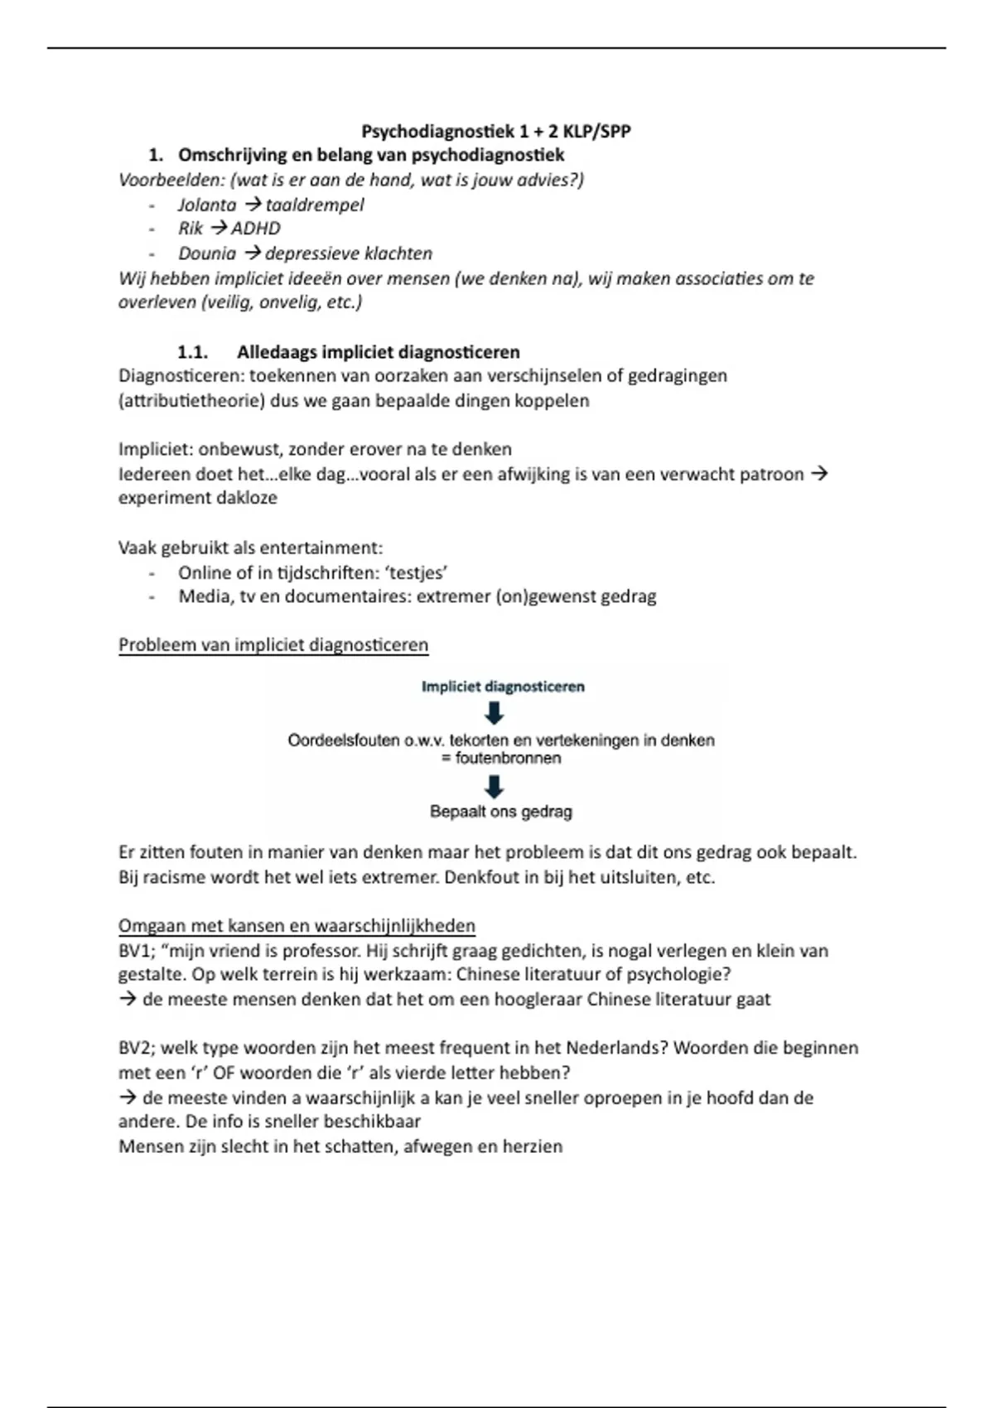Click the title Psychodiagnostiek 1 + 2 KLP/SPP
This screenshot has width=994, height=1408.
[x=496, y=131]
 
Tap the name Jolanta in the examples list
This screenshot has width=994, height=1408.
[x=207, y=205]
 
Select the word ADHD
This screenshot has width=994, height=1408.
[x=256, y=229]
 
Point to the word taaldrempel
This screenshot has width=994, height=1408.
[x=315, y=205]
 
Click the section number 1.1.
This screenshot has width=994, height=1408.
[x=192, y=352]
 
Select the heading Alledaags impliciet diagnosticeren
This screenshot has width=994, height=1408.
[x=379, y=352]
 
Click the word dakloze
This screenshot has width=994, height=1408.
[x=244, y=498]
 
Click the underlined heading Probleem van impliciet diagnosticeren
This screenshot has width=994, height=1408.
[x=273, y=645]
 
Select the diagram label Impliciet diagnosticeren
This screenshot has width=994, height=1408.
[x=503, y=687]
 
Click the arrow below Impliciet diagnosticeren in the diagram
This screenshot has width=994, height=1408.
[x=494, y=713]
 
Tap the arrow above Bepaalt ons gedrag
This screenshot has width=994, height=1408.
[x=494, y=786]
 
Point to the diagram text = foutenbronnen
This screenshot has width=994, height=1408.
[x=502, y=758]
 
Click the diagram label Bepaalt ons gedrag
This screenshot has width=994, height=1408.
[x=501, y=812]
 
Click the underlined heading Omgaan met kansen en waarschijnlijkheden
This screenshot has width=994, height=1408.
[x=297, y=926]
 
